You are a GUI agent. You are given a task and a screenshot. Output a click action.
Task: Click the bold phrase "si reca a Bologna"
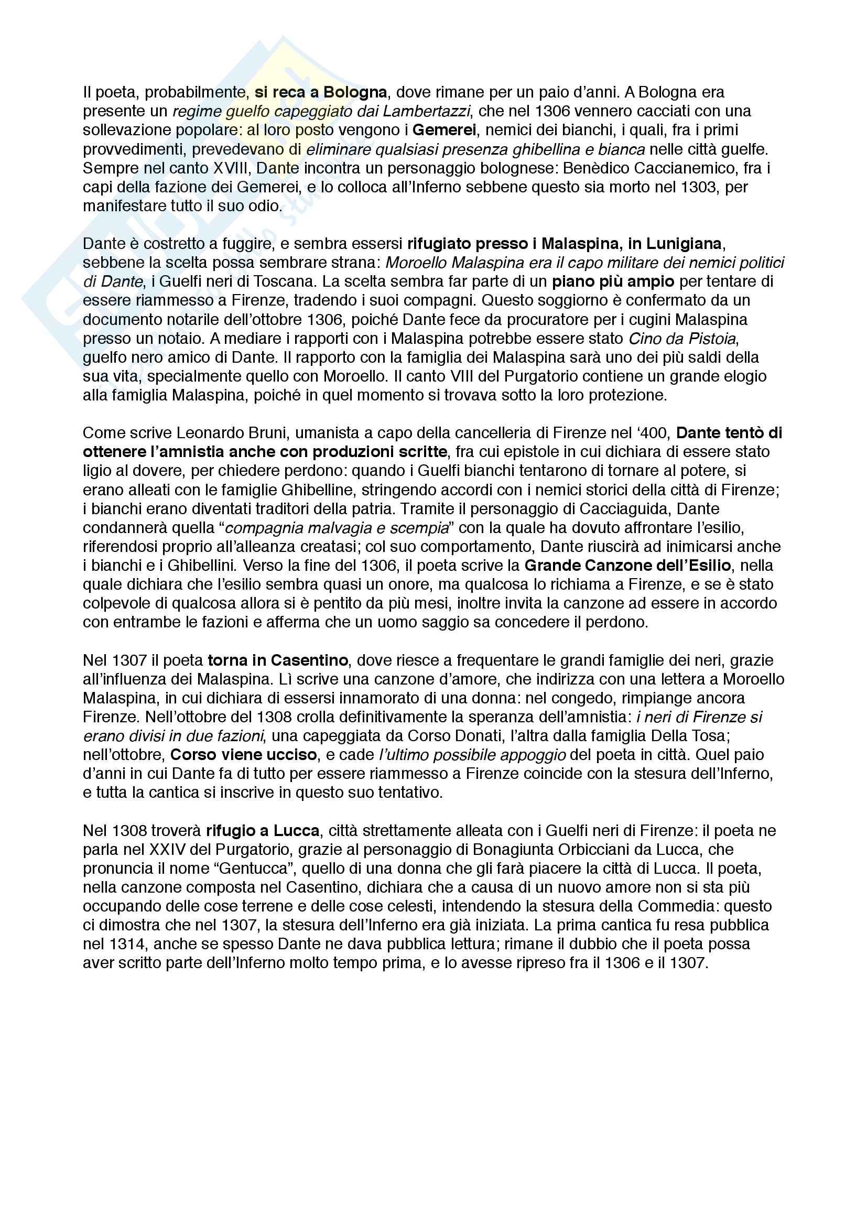coord(320,92)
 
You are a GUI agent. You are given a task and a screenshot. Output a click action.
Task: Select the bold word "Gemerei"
coord(444,130)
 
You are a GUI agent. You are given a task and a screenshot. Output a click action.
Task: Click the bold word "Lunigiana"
coord(684,244)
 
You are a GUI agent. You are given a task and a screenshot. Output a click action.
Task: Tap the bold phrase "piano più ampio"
coord(613,281)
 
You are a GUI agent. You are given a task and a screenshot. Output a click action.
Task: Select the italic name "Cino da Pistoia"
coord(683,339)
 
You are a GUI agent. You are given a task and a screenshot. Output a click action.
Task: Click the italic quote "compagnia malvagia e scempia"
coord(337,528)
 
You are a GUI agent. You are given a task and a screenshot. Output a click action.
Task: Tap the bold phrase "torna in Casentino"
coord(278,660)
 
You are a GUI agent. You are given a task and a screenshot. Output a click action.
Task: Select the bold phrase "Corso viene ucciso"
coord(243,755)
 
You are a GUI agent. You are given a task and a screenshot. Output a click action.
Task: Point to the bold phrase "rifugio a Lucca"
coord(263,831)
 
